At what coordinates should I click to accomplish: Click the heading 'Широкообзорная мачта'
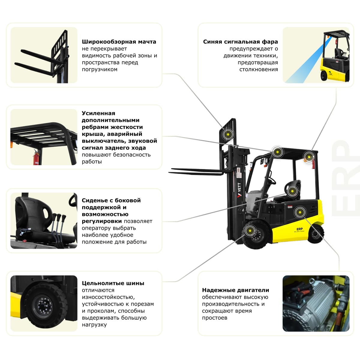(119, 42)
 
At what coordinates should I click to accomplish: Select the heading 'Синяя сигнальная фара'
(240, 42)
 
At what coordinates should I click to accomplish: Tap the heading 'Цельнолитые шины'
(113, 283)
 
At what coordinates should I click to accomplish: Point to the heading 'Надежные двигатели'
(235, 290)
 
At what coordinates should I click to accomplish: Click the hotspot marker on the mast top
(228, 134)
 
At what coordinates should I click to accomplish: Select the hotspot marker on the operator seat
(292, 190)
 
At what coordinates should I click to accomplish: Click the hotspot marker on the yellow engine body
(299, 212)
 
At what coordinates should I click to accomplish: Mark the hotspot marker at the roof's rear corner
(308, 156)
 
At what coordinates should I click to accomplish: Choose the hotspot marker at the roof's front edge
(277, 152)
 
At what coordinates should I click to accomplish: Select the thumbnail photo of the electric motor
(316, 303)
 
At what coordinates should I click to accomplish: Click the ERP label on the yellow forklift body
(299, 229)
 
